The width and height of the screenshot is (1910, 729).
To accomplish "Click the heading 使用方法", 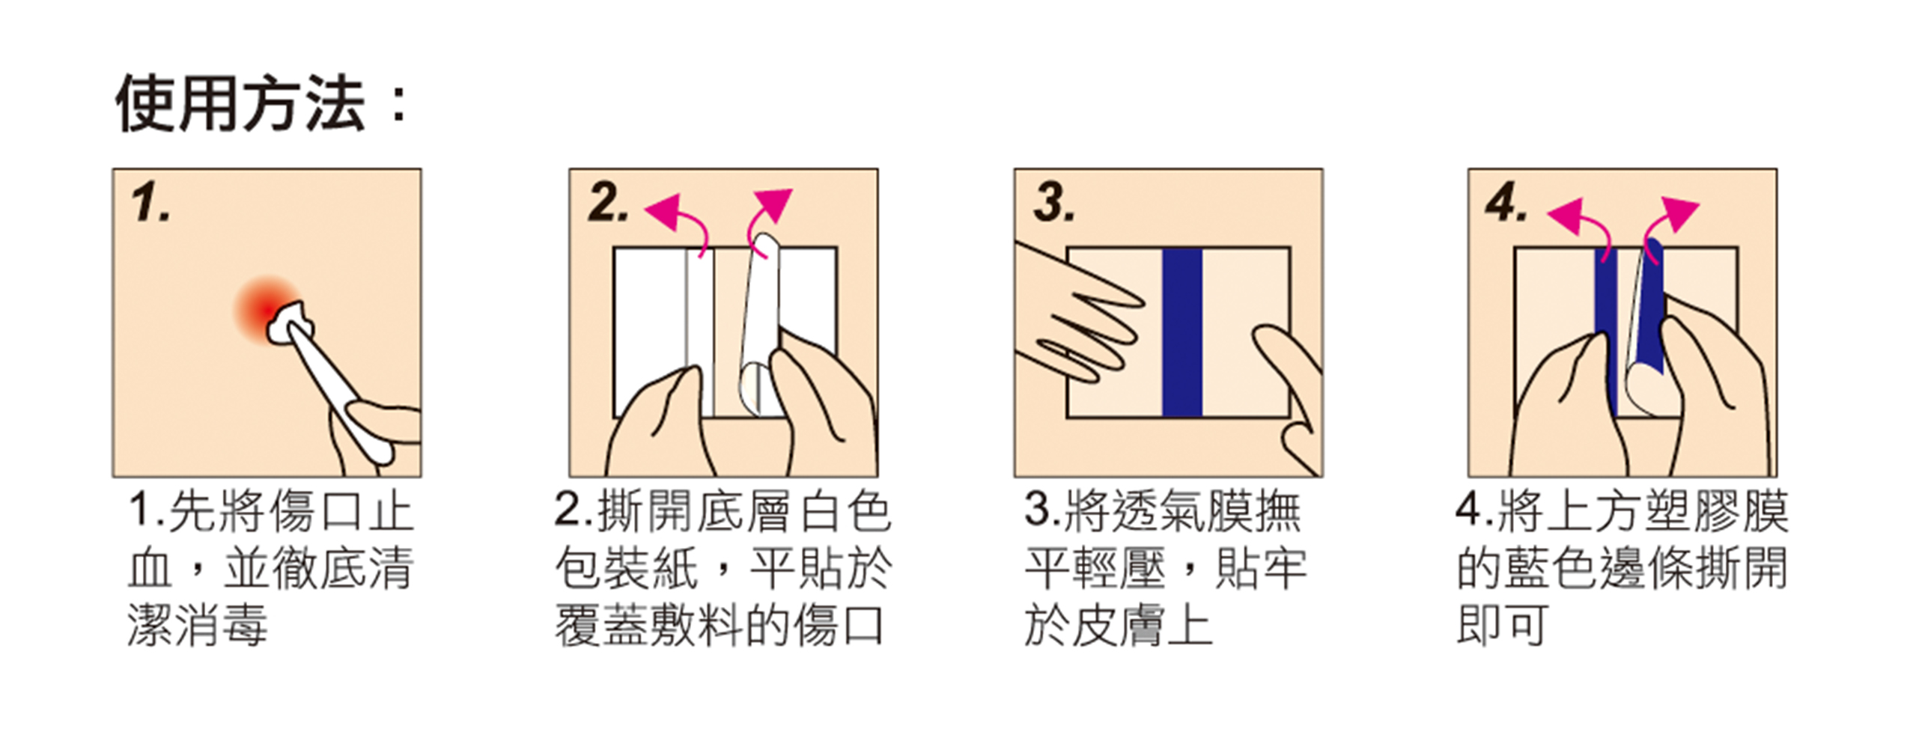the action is (x=240, y=104).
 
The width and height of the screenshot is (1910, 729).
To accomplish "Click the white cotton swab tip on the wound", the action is (x=291, y=322).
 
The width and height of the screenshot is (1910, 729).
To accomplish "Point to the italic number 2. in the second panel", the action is (x=608, y=203).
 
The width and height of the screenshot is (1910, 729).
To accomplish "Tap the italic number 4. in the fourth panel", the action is (x=1506, y=203).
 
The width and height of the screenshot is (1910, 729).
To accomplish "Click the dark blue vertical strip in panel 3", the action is (x=1182, y=332).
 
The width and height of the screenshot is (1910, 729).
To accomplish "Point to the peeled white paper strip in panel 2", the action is (x=759, y=322).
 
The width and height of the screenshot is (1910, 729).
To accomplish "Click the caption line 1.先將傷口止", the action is (x=270, y=512).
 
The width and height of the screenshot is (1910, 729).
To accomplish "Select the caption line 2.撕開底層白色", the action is (x=723, y=512).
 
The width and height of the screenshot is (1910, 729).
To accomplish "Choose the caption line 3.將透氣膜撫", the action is (x=1163, y=512).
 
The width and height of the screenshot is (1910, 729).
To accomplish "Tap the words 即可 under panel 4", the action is (x=1502, y=626).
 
